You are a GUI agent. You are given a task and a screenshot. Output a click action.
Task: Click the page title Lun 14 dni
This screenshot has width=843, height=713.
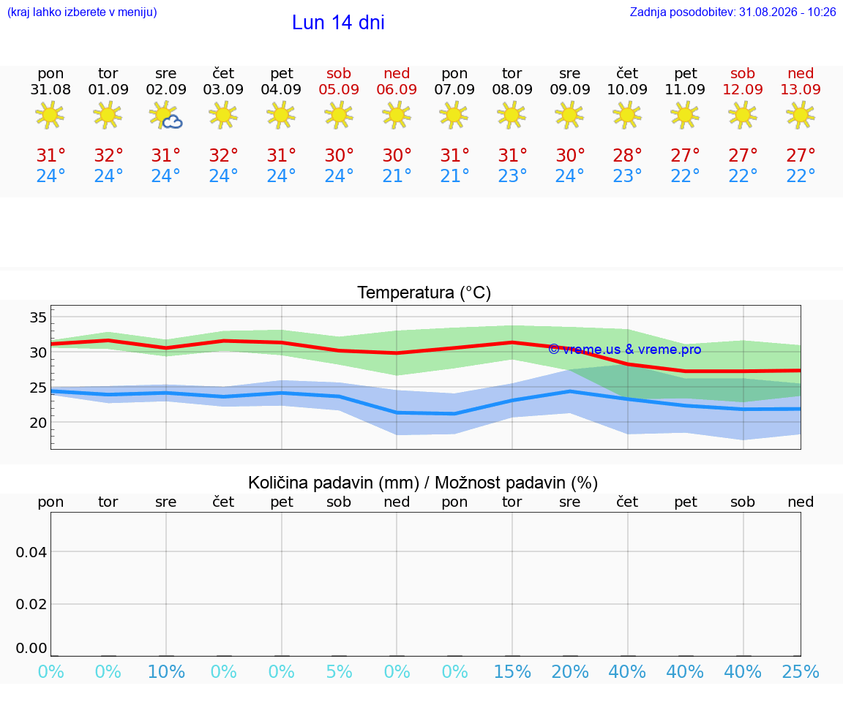pyautogui.click(x=338, y=23)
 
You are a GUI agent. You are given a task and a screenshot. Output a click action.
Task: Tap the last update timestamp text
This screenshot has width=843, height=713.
pyautogui.click(x=733, y=12)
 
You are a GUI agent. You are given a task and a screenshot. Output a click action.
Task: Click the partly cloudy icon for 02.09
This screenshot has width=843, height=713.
pyautogui.click(x=166, y=116)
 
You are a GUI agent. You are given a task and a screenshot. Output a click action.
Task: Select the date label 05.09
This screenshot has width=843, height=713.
pyautogui.click(x=339, y=89)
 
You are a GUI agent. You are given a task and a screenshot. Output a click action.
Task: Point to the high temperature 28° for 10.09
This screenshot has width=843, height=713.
pyautogui.click(x=627, y=155)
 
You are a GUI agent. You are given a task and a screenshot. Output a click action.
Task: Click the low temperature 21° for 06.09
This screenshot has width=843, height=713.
pyautogui.click(x=397, y=176)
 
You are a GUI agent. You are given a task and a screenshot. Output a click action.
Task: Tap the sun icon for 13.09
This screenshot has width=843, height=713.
pyautogui.click(x=801, y=116)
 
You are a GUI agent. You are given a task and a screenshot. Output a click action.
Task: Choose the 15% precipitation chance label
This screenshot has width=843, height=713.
pyautogui.click(x=512, y=671)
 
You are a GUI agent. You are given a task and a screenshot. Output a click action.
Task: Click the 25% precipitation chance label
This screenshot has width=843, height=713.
pyautogui.click(x=801, y=671)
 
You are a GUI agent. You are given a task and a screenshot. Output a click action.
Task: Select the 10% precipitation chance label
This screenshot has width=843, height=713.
pyautogui.click(x=166, y=671)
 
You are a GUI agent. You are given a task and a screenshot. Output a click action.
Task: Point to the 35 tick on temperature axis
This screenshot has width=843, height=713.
pyautogui.click(x=38, y=317)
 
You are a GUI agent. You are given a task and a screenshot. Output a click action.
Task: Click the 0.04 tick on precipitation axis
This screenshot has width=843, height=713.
pyautogui.click(x=31, y=552)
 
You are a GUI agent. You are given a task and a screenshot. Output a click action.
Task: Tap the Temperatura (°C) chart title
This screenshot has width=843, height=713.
pyautogui.click(x=424, y=293)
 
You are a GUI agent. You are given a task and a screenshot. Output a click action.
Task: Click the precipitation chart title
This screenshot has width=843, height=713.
pyautogui.click(x=423, y=483)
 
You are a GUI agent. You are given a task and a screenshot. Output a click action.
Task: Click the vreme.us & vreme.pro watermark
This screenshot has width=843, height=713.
pyautogui.click(x=625, y=350)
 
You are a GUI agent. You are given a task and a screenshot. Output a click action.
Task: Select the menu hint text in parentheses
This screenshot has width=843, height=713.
pyautogui.click(x=82, y=12)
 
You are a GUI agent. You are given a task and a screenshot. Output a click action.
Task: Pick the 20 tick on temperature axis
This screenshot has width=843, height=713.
pyautogui.click(x=38, y=423)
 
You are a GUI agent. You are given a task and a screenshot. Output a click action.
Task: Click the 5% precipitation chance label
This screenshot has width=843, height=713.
pyautogui.click(x=339, y=671)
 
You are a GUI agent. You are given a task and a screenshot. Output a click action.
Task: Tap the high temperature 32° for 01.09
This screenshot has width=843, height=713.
pyautogui.click(x=108, y=155)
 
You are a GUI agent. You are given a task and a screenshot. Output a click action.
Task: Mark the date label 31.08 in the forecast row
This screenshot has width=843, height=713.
pyautogui.click(x=50, y=89)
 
